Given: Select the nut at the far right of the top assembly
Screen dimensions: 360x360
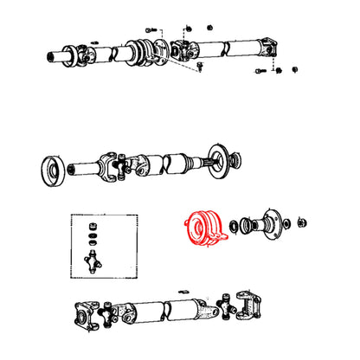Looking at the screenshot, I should coord(294,68).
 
